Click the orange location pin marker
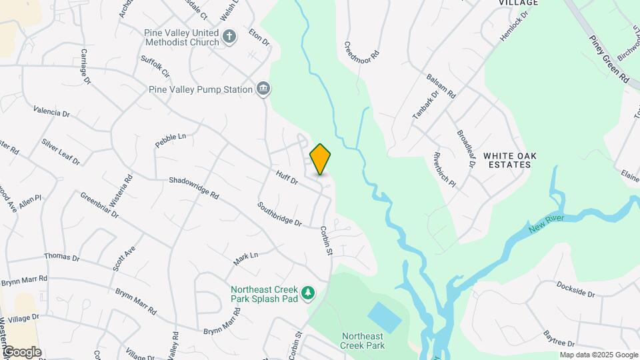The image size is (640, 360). [321, 159]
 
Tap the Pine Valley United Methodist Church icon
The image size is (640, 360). [229, 37]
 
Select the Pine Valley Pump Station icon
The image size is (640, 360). [264, 89]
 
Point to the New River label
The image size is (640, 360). [547, 224]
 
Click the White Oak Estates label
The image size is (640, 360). [510, 160]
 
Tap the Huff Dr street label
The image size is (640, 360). [286, 177]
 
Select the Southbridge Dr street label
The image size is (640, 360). [279, 213]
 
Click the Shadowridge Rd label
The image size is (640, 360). [194, 188]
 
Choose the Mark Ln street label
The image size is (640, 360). [245, 259]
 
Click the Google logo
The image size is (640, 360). [22, 352]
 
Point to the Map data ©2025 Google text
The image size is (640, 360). [599, 355]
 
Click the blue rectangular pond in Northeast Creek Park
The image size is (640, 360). [384, 317]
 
